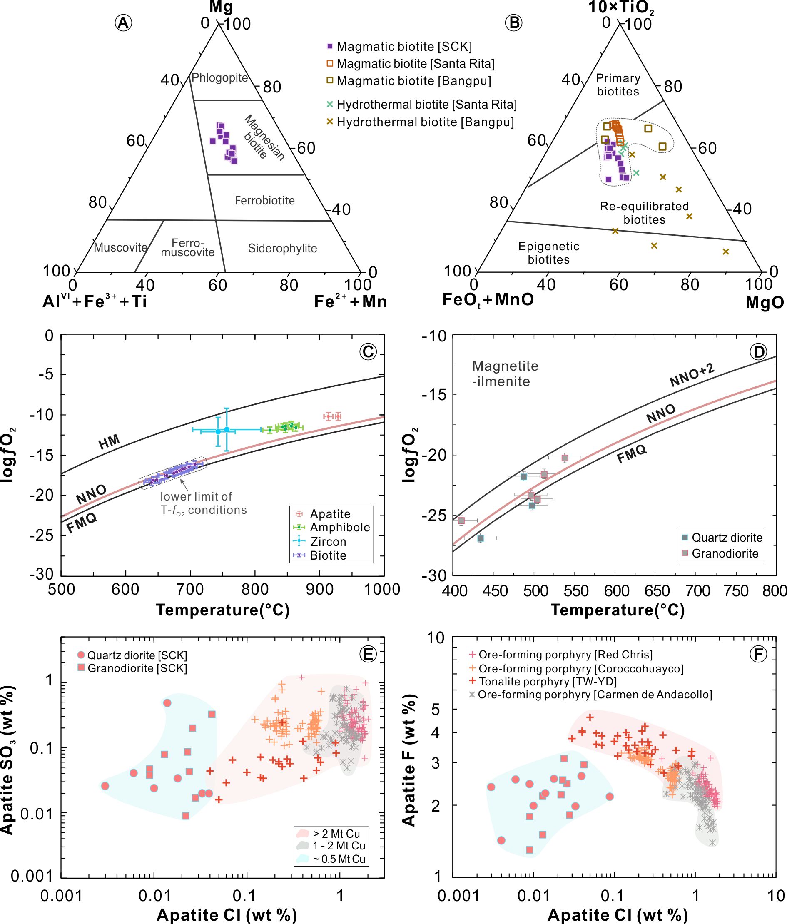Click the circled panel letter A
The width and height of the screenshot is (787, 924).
tap(123, 23)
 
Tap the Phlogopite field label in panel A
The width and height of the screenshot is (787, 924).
tap(219, 77)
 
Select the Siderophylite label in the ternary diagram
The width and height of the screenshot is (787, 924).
tap(282, 249)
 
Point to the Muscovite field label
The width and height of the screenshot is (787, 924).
tap(120, 247)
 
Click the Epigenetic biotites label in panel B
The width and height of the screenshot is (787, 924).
tap(548, 253)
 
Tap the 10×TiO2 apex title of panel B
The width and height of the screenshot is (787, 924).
tap(621, 7)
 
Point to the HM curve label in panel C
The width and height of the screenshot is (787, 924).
tap(109, 442)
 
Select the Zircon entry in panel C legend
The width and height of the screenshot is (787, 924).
tap(328, 541)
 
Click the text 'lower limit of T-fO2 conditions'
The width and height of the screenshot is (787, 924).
tap(203, 503)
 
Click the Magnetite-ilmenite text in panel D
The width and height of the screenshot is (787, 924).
tap(505, 374)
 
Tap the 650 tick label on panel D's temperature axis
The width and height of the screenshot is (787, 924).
tap(657, 591)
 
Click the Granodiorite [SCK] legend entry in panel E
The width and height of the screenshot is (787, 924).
tap(137, 668)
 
